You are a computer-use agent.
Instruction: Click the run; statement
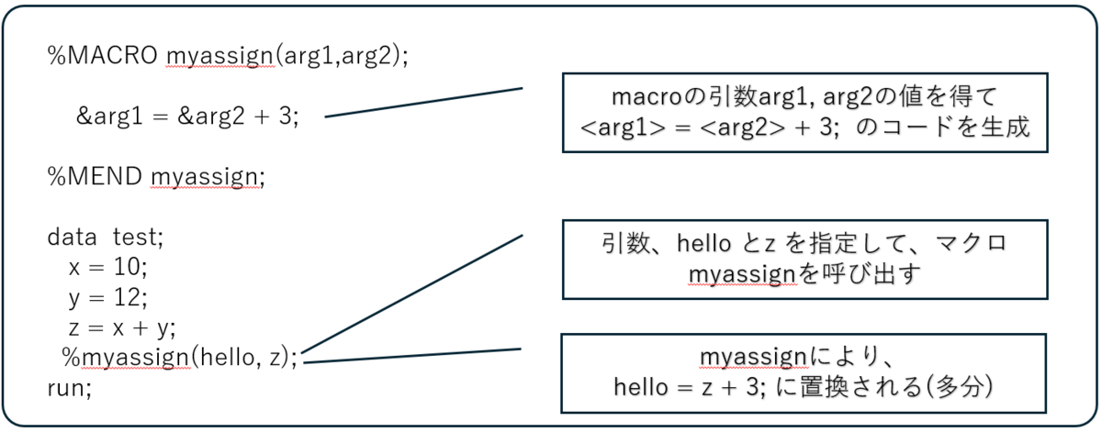70,386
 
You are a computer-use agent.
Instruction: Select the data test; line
105,238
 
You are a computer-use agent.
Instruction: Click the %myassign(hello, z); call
180,357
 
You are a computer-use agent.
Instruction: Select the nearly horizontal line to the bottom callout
413,356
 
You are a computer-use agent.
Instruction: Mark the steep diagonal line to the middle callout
413,293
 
